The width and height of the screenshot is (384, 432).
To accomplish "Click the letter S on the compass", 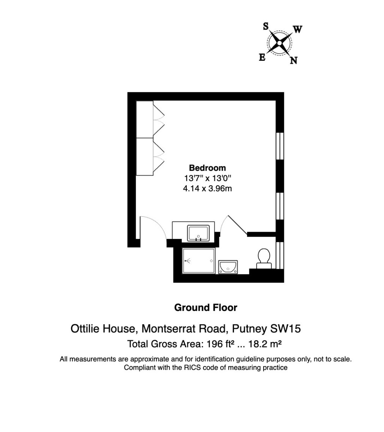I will pos(265,26).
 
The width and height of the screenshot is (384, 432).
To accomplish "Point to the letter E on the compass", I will pos(262,57).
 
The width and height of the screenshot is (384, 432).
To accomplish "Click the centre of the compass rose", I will pos(279,43).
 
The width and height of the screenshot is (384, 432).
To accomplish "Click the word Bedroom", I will pos(207,168).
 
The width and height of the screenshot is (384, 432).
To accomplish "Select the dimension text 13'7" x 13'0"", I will pos(207,178).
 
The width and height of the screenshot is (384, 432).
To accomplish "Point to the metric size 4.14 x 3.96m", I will pos(207,189).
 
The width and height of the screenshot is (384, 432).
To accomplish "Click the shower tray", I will pos(199,261).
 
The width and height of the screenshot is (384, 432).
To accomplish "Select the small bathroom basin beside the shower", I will pos(228,267).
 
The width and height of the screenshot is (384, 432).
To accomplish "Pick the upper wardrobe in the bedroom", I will pos(145,119).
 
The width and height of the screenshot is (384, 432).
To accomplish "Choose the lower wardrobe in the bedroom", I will pos(145,156).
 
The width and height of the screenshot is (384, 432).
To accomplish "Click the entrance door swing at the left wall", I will pos(152,228).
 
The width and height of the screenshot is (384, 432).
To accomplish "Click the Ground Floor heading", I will pos(205,308).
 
